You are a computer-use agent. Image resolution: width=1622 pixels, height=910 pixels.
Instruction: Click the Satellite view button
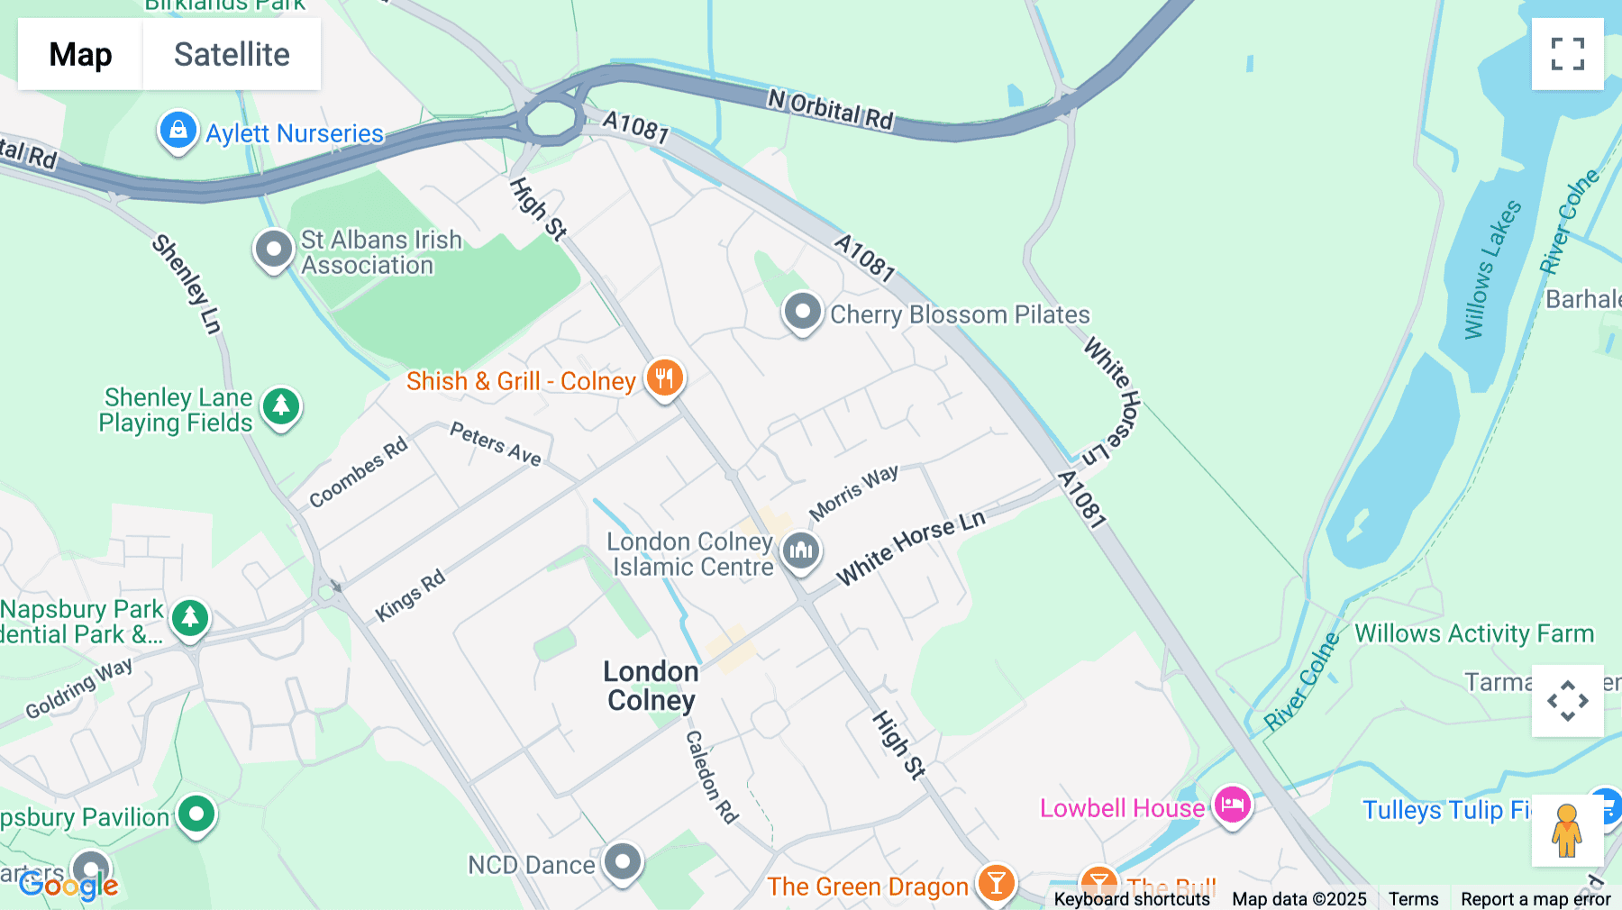click(232, 54)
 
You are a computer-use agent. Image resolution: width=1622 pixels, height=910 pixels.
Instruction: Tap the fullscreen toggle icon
click(1567, 54)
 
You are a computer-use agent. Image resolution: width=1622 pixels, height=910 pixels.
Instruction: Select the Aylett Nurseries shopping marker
click(178, 132)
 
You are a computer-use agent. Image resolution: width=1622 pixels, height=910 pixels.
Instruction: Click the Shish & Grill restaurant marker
click(665, 378)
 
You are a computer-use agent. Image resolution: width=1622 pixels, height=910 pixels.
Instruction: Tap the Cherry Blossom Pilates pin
click(802, 313)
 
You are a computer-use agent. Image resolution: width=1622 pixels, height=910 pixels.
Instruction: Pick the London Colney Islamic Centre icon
click(800, 551)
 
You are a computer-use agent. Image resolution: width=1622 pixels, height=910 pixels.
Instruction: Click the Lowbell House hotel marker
click(1232, 805)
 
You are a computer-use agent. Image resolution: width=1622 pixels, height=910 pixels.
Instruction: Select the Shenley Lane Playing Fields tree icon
click(281, 406)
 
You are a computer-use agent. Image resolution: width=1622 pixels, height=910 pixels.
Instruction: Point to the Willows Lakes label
click(1491, 269)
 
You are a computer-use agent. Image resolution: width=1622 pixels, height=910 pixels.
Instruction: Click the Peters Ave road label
click(496, 443)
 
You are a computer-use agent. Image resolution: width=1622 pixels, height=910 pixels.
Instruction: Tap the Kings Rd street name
click(411, 595)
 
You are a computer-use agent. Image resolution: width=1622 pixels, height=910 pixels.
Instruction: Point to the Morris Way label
click(853, 492)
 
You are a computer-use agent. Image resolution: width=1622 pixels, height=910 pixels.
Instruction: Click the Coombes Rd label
click(358, 472)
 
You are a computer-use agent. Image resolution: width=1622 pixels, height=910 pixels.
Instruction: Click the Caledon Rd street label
click(711, 777)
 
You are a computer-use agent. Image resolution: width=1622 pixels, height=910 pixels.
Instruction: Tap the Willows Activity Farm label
click(1474, 633)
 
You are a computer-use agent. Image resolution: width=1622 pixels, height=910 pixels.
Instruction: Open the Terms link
click(1413, 898)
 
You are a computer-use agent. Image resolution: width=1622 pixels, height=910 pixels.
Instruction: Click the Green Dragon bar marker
click(996, 884)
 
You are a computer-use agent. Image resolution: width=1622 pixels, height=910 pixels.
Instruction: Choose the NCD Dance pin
click(623, 862)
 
